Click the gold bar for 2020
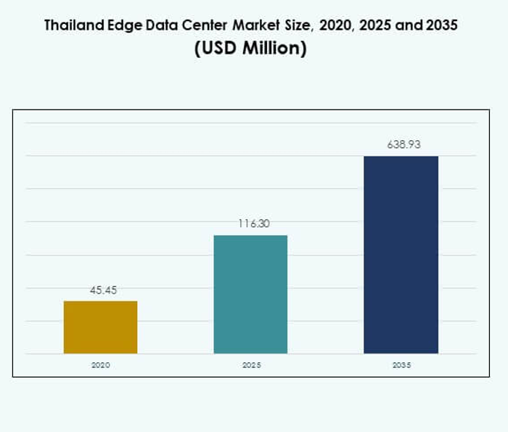point(100,327)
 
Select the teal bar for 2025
point(250,294)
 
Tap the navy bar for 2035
point(401,255)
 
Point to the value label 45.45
point(100,290)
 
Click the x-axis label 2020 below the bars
point(100,365)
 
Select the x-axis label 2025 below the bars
point(251,365)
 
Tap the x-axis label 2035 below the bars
point(401,365)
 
